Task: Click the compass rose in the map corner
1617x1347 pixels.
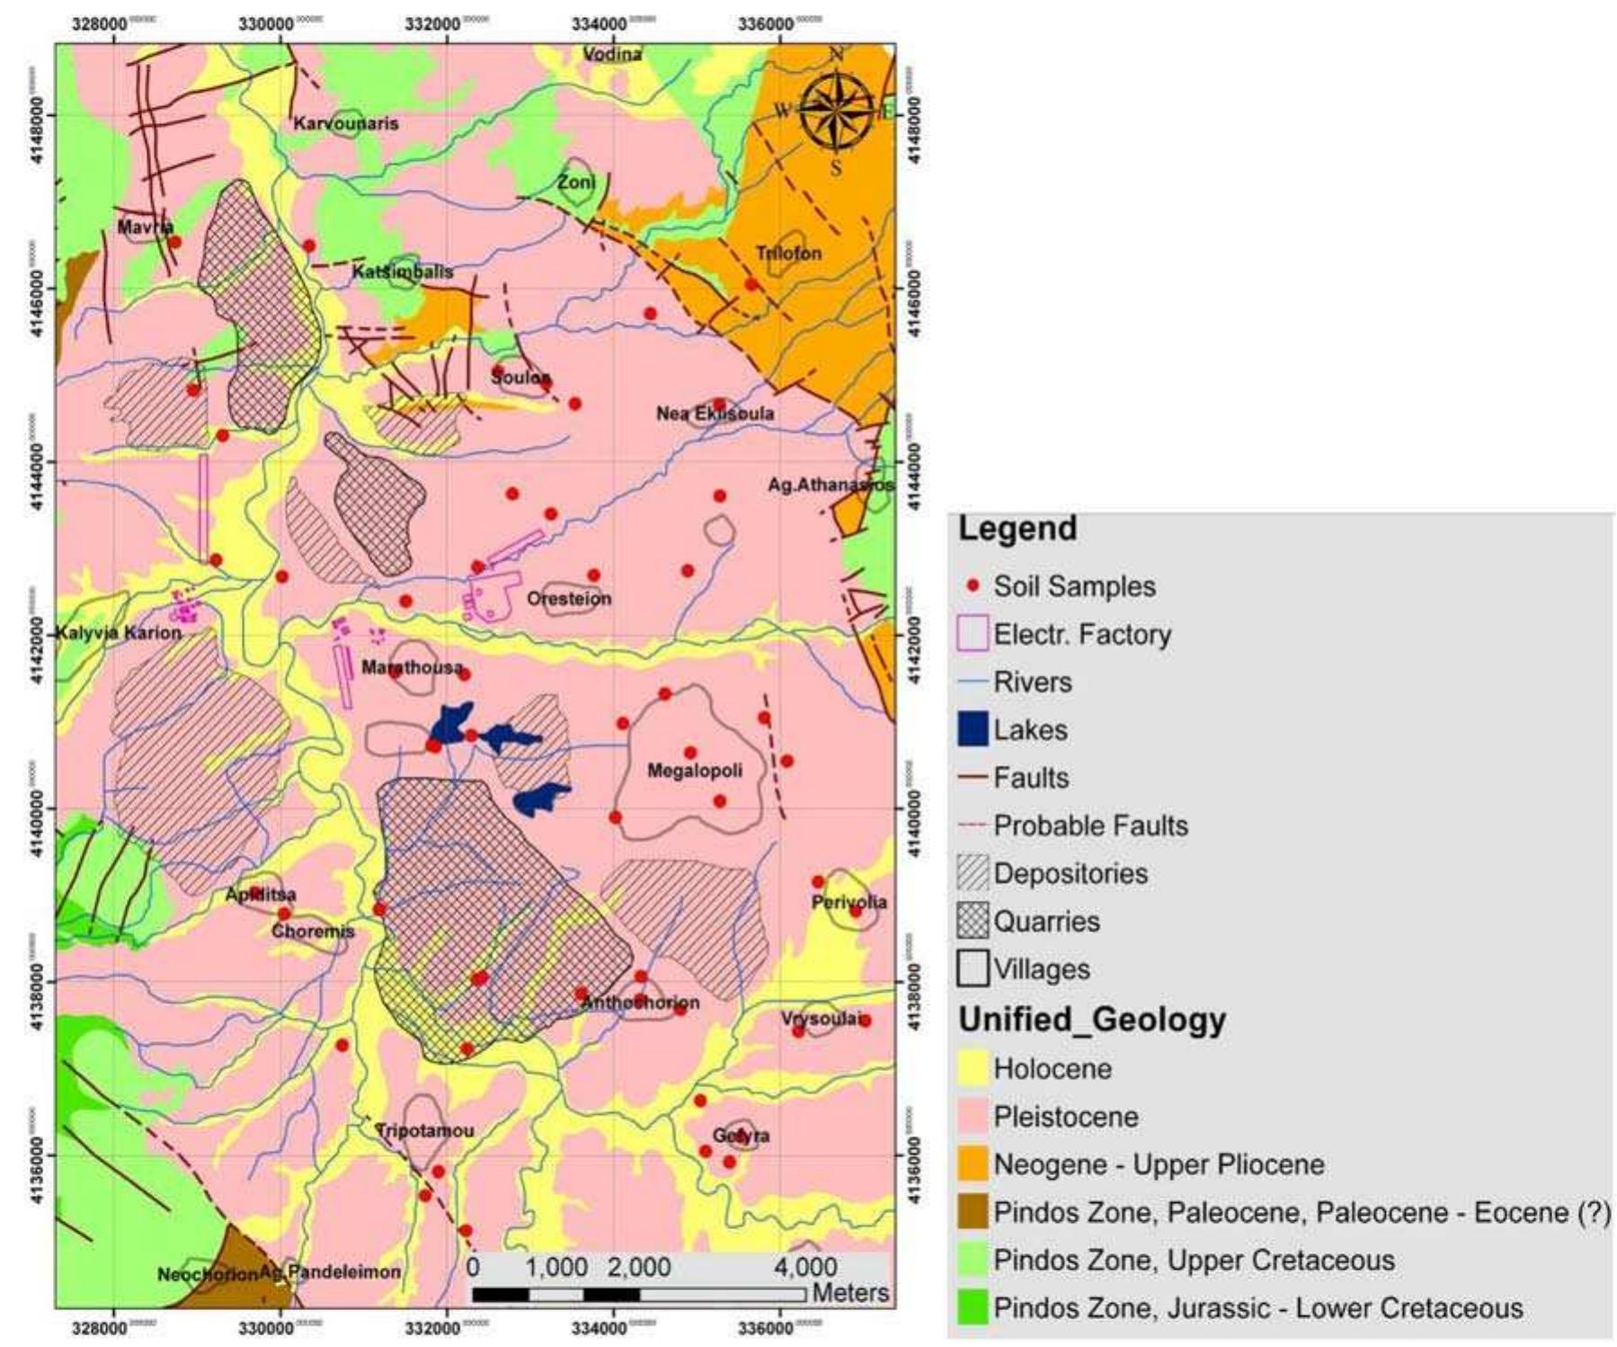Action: click(x=836, y=111)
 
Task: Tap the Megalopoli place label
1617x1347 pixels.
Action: click(x=695, y=771)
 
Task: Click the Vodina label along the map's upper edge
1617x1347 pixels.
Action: click(x=612, y=55)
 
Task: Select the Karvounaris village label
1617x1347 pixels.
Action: click(x=345, y=123)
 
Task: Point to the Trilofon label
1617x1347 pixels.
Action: click(x=788, y=253)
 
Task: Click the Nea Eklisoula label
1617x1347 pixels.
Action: click(x=715, y=414)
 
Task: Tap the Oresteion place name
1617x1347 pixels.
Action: click(x=569, y=599)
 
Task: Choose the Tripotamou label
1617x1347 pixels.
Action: click(x=424, y=1130)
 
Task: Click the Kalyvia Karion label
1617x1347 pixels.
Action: click(x=119, y=633)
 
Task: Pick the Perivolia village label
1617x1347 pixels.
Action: click(x=848, y=902)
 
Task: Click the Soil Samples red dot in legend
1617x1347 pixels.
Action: click(x=972, y=586)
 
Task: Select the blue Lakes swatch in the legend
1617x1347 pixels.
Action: click(x=973, y=729)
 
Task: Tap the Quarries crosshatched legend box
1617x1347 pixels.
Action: click(x=973, y=921)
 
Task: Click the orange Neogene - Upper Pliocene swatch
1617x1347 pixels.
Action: click(x=973, y=1164)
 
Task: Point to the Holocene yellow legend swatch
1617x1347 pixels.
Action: click(x=973, y=1069)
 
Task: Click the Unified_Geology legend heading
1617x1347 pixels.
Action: click(x=1091, y=1020)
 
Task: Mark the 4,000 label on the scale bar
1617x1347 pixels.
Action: click(x=805, y=1268)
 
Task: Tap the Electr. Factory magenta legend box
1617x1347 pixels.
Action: click(x=973, y=634)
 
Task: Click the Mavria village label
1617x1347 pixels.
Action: click(x=144, y=227)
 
